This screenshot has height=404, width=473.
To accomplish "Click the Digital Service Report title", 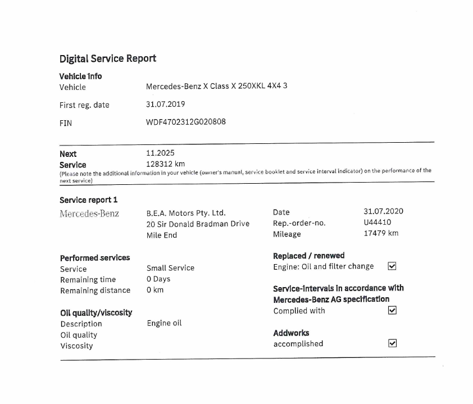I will coord(108,58).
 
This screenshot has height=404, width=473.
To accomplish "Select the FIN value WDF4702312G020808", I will coord(186,121).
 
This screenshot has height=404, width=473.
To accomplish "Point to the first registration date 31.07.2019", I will coord(165,104).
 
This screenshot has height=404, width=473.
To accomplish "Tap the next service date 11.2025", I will coord(160,153).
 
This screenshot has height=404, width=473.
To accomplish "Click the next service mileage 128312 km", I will coord(165,164).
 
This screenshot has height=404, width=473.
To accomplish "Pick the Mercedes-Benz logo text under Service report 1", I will coord(89,214).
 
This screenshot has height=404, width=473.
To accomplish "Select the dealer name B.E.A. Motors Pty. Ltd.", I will coord(186,213).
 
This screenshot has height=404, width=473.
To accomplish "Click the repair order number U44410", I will coord(378,223).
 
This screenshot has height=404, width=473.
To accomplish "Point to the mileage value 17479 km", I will coord(381,233).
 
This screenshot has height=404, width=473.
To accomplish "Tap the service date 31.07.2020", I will coord(383,211).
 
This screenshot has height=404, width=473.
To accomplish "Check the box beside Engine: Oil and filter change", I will coord(393,266).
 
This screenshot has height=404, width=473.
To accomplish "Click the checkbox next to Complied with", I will coord(393,310).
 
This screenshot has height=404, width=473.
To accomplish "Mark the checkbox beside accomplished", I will coord(393,343).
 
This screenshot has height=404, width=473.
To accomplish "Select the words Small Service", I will coord(170,268).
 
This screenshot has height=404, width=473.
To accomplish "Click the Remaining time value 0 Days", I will coord(158,279).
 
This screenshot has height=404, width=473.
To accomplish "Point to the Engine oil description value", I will coord(165,323).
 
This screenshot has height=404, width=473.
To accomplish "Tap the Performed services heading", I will coord(95,257).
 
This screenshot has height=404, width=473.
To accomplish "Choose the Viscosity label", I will coord(77,346).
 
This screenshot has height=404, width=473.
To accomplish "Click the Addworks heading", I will coord(291,333).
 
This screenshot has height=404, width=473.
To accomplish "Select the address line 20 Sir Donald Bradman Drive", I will coord(198,224).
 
